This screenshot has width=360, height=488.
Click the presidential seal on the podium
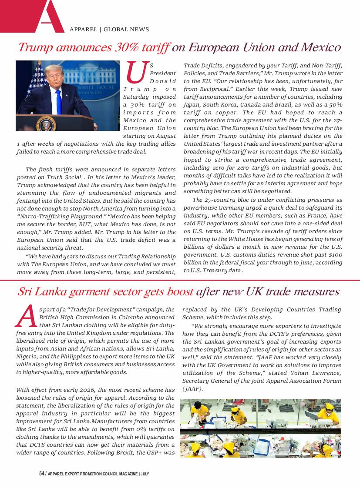click(46, 124)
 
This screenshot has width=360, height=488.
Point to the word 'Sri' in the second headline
click(25, 291)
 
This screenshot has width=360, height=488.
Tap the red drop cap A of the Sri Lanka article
click(25, 316)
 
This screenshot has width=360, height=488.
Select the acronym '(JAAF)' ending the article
click(192, 388)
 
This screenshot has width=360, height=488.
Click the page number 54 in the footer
click(42, 473)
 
